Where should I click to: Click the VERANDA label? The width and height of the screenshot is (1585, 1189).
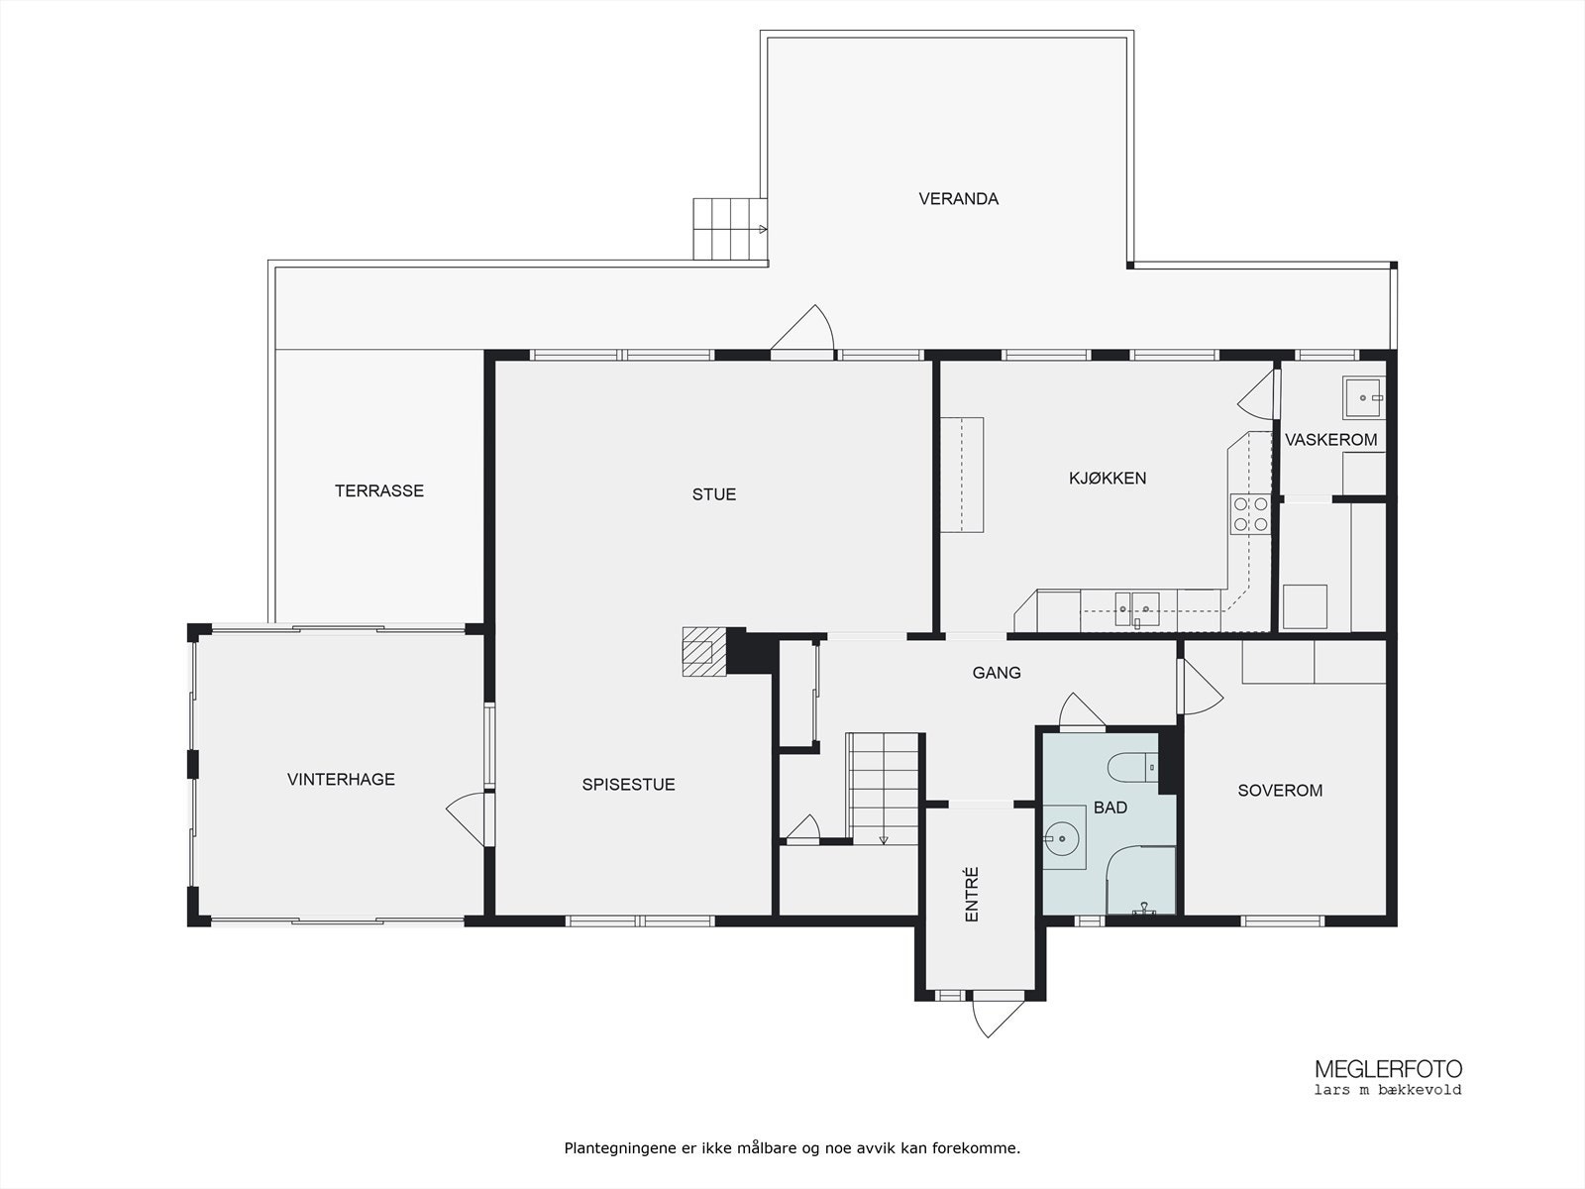pos(958,198)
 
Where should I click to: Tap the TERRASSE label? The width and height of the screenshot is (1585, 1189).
pos(379,490)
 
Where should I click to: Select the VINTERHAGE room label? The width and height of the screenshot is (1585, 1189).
pos(341,779)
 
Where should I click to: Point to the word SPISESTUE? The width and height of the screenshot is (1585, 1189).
pos(628,784)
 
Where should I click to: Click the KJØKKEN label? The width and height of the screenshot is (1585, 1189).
pos(1108,478)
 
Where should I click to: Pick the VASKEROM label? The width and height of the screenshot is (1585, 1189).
pos(1330,440)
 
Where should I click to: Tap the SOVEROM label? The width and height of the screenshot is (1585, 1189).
pos(1280,791)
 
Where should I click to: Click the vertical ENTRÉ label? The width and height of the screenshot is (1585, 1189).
pos(972,895)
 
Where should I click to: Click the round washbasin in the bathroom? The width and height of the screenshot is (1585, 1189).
pos(1064,838)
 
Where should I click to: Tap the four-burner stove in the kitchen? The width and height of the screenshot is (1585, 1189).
pos(1250,514)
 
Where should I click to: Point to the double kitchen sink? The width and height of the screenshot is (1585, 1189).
pos(1136,608)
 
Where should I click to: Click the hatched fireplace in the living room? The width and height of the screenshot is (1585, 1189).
pos(704,651)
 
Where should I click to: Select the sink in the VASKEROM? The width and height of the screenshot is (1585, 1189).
pos(1363,397)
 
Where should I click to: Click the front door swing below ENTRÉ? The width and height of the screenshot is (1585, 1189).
pos(998,1019)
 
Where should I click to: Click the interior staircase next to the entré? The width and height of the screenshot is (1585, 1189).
pos(882,789)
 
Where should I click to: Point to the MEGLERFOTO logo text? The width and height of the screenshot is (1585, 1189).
pos(1388,1069)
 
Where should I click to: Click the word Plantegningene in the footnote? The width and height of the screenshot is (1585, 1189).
pos(619,1148)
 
